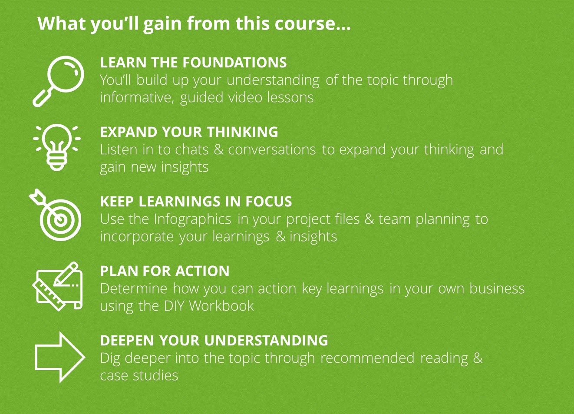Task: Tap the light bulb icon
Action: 57,147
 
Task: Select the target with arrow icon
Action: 55,215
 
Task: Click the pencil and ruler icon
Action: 58,286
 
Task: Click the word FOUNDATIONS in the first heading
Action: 235,63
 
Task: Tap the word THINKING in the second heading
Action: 242,132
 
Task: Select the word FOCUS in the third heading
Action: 269,202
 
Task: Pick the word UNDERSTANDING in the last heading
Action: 266,341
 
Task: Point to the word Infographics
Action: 192,220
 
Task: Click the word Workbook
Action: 221,306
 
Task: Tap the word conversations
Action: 272,150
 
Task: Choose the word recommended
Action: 367,358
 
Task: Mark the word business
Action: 497,288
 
